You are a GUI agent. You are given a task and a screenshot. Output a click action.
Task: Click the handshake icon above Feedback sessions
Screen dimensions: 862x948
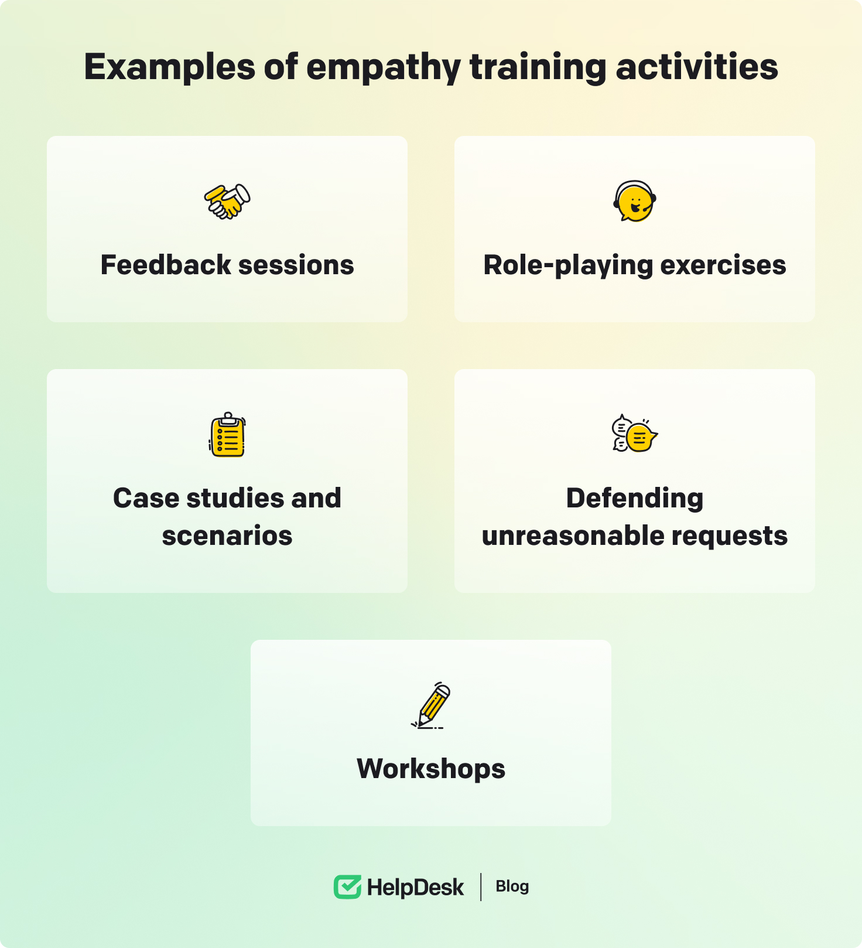click(x=227, y=202)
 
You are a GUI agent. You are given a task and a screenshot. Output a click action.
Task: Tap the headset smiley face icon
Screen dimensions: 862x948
click(x=635, y=202)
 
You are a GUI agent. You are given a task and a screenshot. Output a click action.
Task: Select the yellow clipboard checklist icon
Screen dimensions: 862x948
click(x=227, y=435)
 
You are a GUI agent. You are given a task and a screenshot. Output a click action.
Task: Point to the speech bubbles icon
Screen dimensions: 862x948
click(x=635, y=434)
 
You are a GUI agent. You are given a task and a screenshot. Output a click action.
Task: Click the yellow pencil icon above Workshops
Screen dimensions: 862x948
click(x=431, y=705)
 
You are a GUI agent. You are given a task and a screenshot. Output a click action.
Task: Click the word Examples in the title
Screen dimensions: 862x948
click(x=170, y=67)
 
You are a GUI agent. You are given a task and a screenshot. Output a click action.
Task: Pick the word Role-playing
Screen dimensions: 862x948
click(x=568, y=265)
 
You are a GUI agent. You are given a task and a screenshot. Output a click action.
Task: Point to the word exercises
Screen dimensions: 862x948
click(x=723, y=265)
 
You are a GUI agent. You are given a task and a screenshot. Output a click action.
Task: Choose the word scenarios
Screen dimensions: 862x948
click(x=227, y=536)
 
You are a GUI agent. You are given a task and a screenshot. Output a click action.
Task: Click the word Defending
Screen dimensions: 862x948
click(x=635, y=499)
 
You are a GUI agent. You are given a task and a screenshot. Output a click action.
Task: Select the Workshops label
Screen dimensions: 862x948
click(x=431, y=769)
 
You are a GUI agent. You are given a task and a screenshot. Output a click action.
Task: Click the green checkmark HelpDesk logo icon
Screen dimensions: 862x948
click(x=347, y=887)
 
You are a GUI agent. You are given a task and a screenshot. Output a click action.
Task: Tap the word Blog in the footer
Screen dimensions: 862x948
click(x=512, y=886)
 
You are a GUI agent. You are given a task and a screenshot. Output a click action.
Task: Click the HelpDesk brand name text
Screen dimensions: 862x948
click(x=415, y=888)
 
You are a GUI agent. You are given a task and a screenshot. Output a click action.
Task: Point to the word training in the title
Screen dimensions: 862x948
click(x=538, y=67)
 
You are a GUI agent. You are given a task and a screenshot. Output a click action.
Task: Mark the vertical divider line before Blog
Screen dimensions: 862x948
click(x=481, y=887)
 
